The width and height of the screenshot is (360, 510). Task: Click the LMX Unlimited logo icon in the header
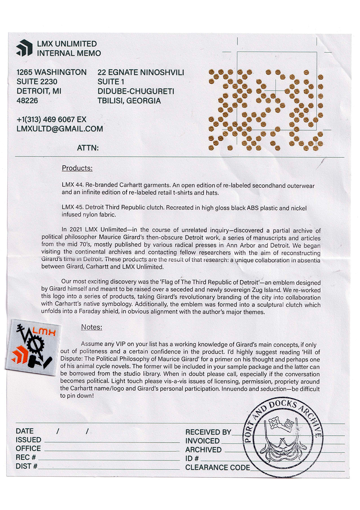24,48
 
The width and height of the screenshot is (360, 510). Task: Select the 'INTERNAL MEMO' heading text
69,53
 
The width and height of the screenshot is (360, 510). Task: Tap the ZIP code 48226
27,101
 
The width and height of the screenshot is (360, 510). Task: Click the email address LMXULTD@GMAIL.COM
60,129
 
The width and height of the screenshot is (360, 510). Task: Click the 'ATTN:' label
88,148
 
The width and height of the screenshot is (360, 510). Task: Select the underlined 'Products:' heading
77,168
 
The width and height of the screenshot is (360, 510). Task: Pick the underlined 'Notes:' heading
91,327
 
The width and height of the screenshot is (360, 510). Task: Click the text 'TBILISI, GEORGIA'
129,101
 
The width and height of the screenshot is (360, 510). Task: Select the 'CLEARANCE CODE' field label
217,468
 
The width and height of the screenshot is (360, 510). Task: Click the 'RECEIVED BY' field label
208,432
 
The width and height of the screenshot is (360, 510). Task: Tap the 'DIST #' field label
26,466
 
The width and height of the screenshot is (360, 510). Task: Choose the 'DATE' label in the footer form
25,431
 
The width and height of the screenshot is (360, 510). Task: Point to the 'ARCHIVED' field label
203,450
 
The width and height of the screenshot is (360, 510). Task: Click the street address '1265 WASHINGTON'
51,72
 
